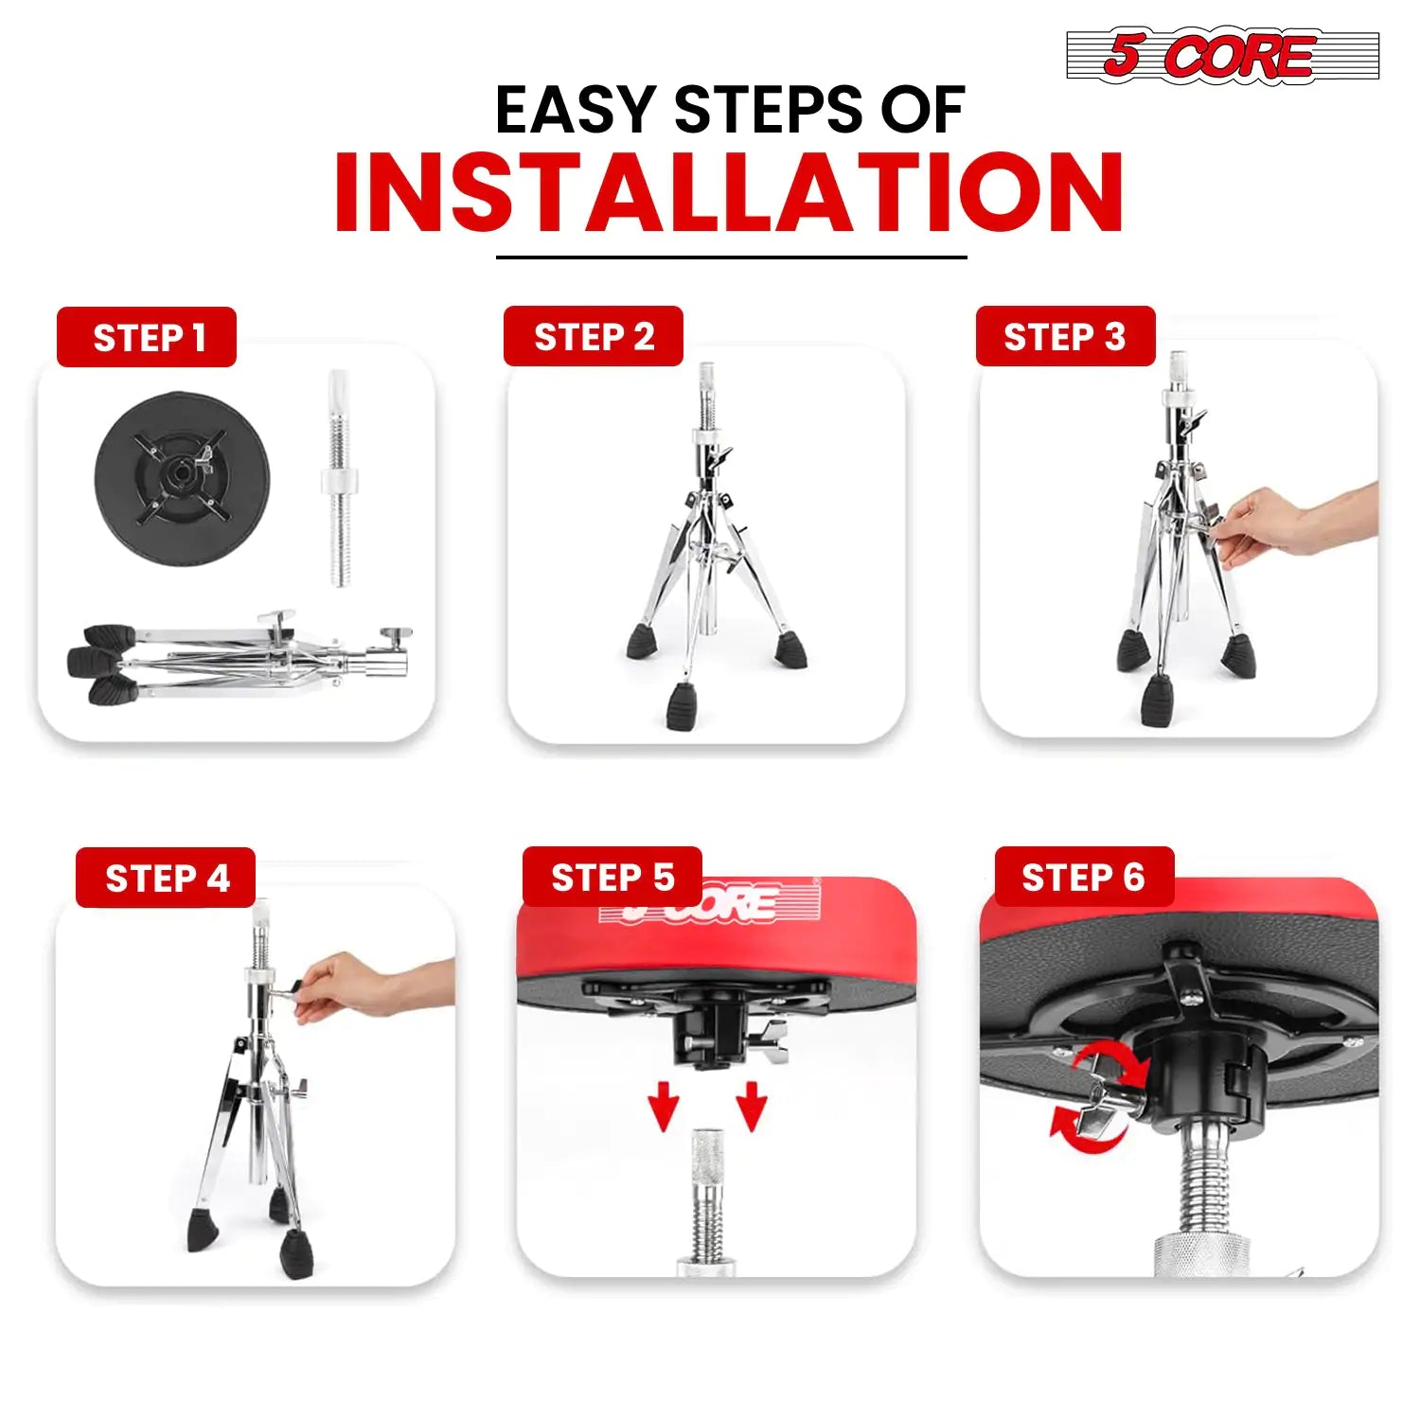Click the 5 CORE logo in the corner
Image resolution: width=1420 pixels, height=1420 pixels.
(1222, 56)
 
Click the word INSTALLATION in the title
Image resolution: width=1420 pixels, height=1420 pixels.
(729, 193)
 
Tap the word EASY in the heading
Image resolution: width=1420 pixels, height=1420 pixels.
(576, 110)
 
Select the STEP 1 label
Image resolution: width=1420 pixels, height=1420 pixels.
(147, 337)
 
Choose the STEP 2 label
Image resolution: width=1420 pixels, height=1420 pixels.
(594, 336)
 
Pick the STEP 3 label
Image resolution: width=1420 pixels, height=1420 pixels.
(1066, 336)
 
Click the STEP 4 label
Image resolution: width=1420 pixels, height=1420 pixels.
(166, 878)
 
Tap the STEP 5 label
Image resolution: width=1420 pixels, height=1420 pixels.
(612, 877)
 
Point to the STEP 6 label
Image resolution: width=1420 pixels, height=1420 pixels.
(1085, 877)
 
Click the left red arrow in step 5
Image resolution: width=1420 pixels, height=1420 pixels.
(664, 1106)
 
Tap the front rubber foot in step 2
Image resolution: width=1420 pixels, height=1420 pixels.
(682, 706)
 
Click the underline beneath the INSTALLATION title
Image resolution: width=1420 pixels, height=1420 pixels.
(732, 257)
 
